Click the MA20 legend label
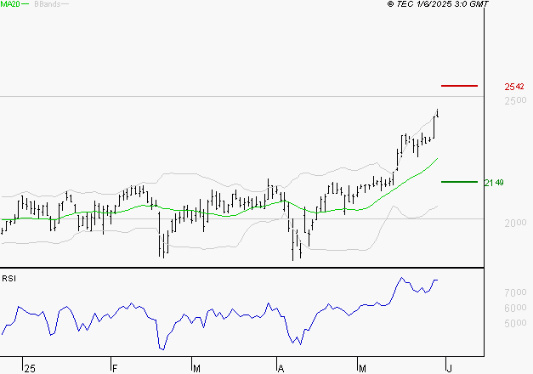tap(10, 4)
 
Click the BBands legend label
tap(47, 4)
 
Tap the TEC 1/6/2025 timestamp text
tap(439, 4)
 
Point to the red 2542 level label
tap(514, 87)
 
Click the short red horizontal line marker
tap(460, 86)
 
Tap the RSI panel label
tap(9, 278)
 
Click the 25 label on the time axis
tap(30, 368)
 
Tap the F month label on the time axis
tap(115, 368)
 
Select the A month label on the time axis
tap(281, 368)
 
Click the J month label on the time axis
tap(450, 368)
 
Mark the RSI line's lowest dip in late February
tap(162, 348)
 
